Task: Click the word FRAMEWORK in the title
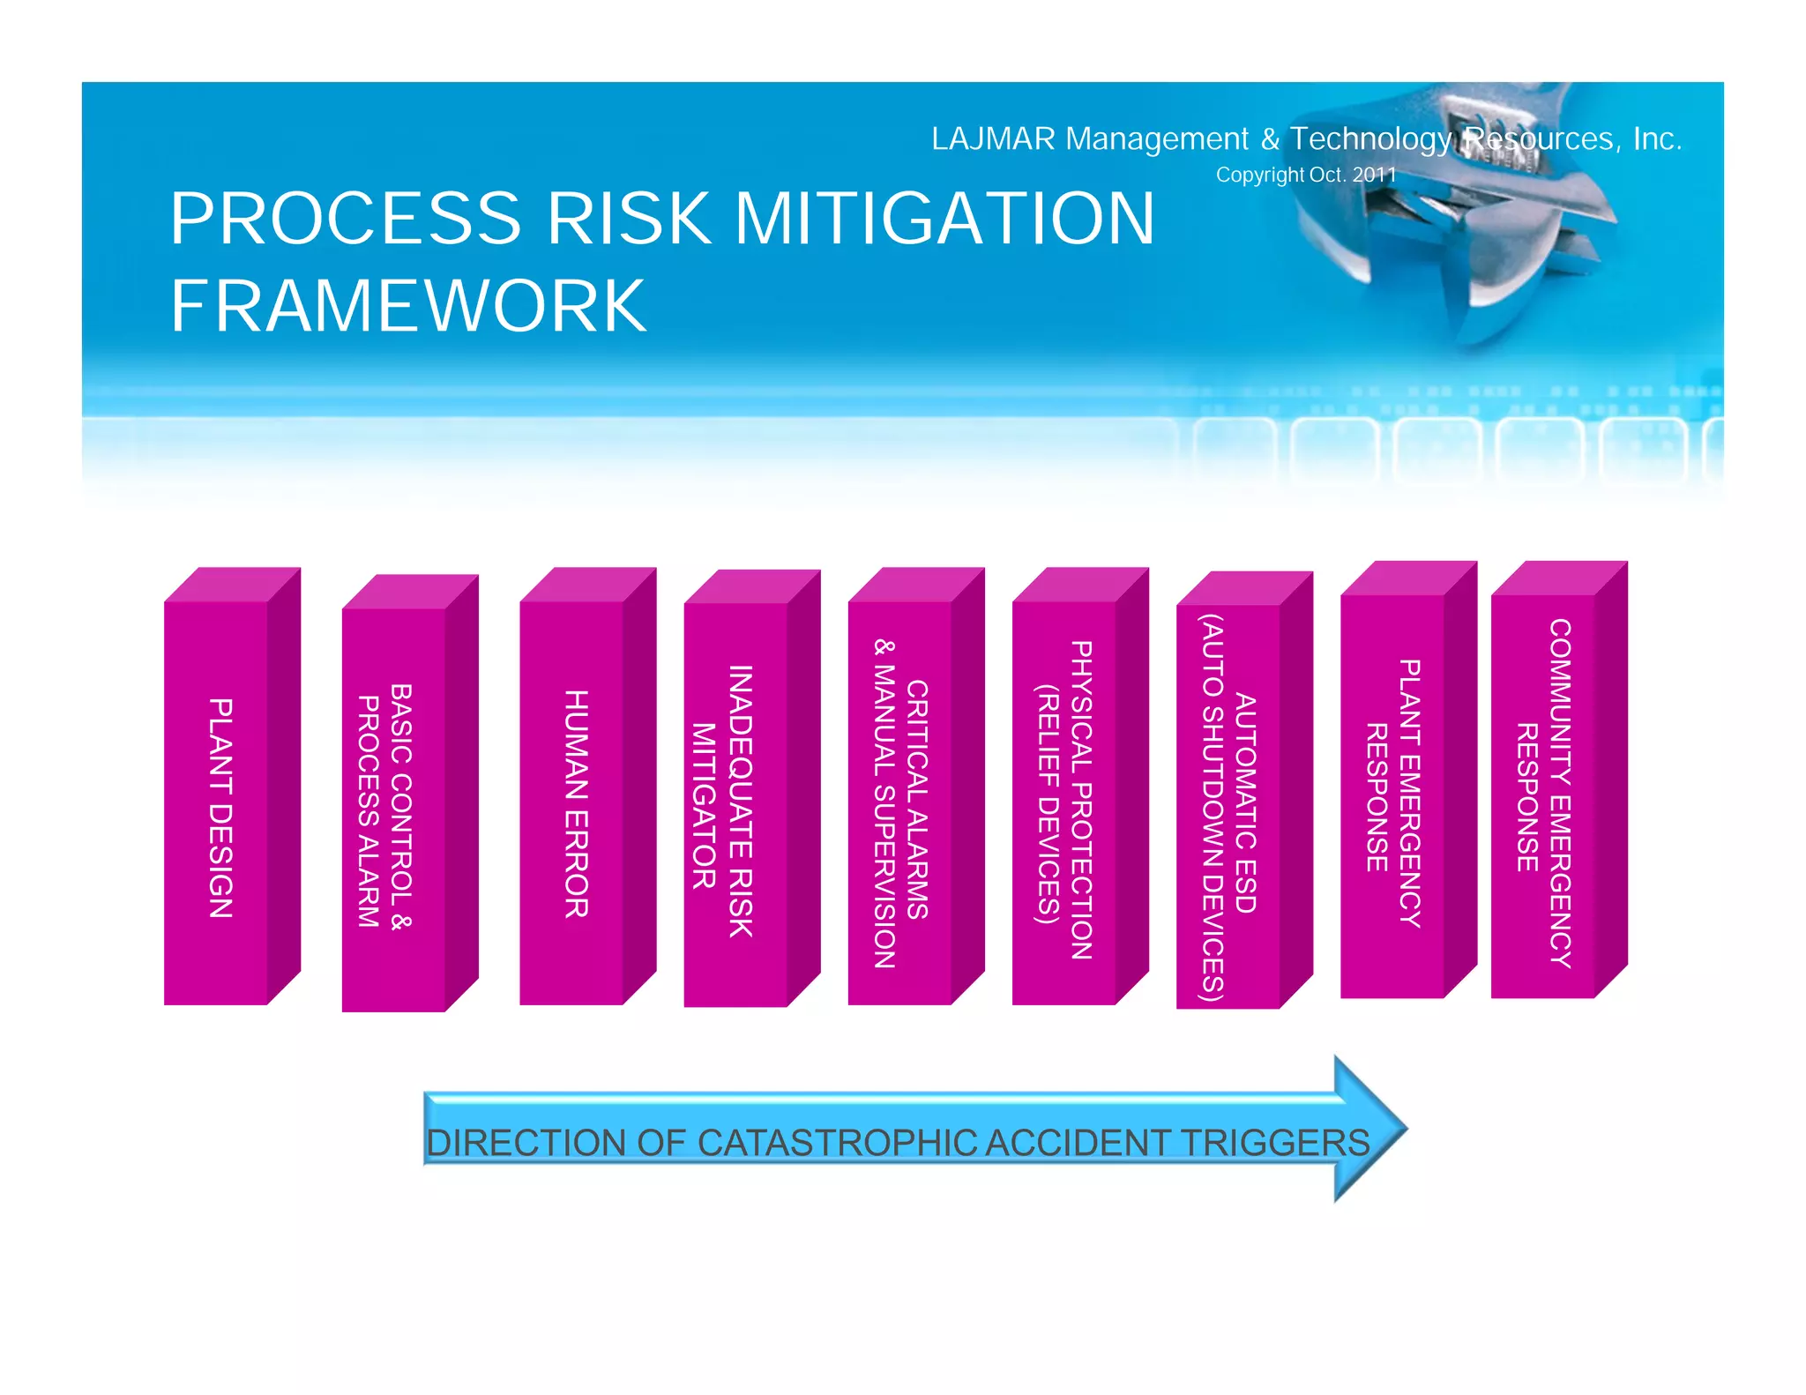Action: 408,306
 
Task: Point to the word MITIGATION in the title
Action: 944,218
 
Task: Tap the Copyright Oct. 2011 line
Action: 1306,175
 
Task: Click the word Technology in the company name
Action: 1370,139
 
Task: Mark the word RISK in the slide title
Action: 629,218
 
